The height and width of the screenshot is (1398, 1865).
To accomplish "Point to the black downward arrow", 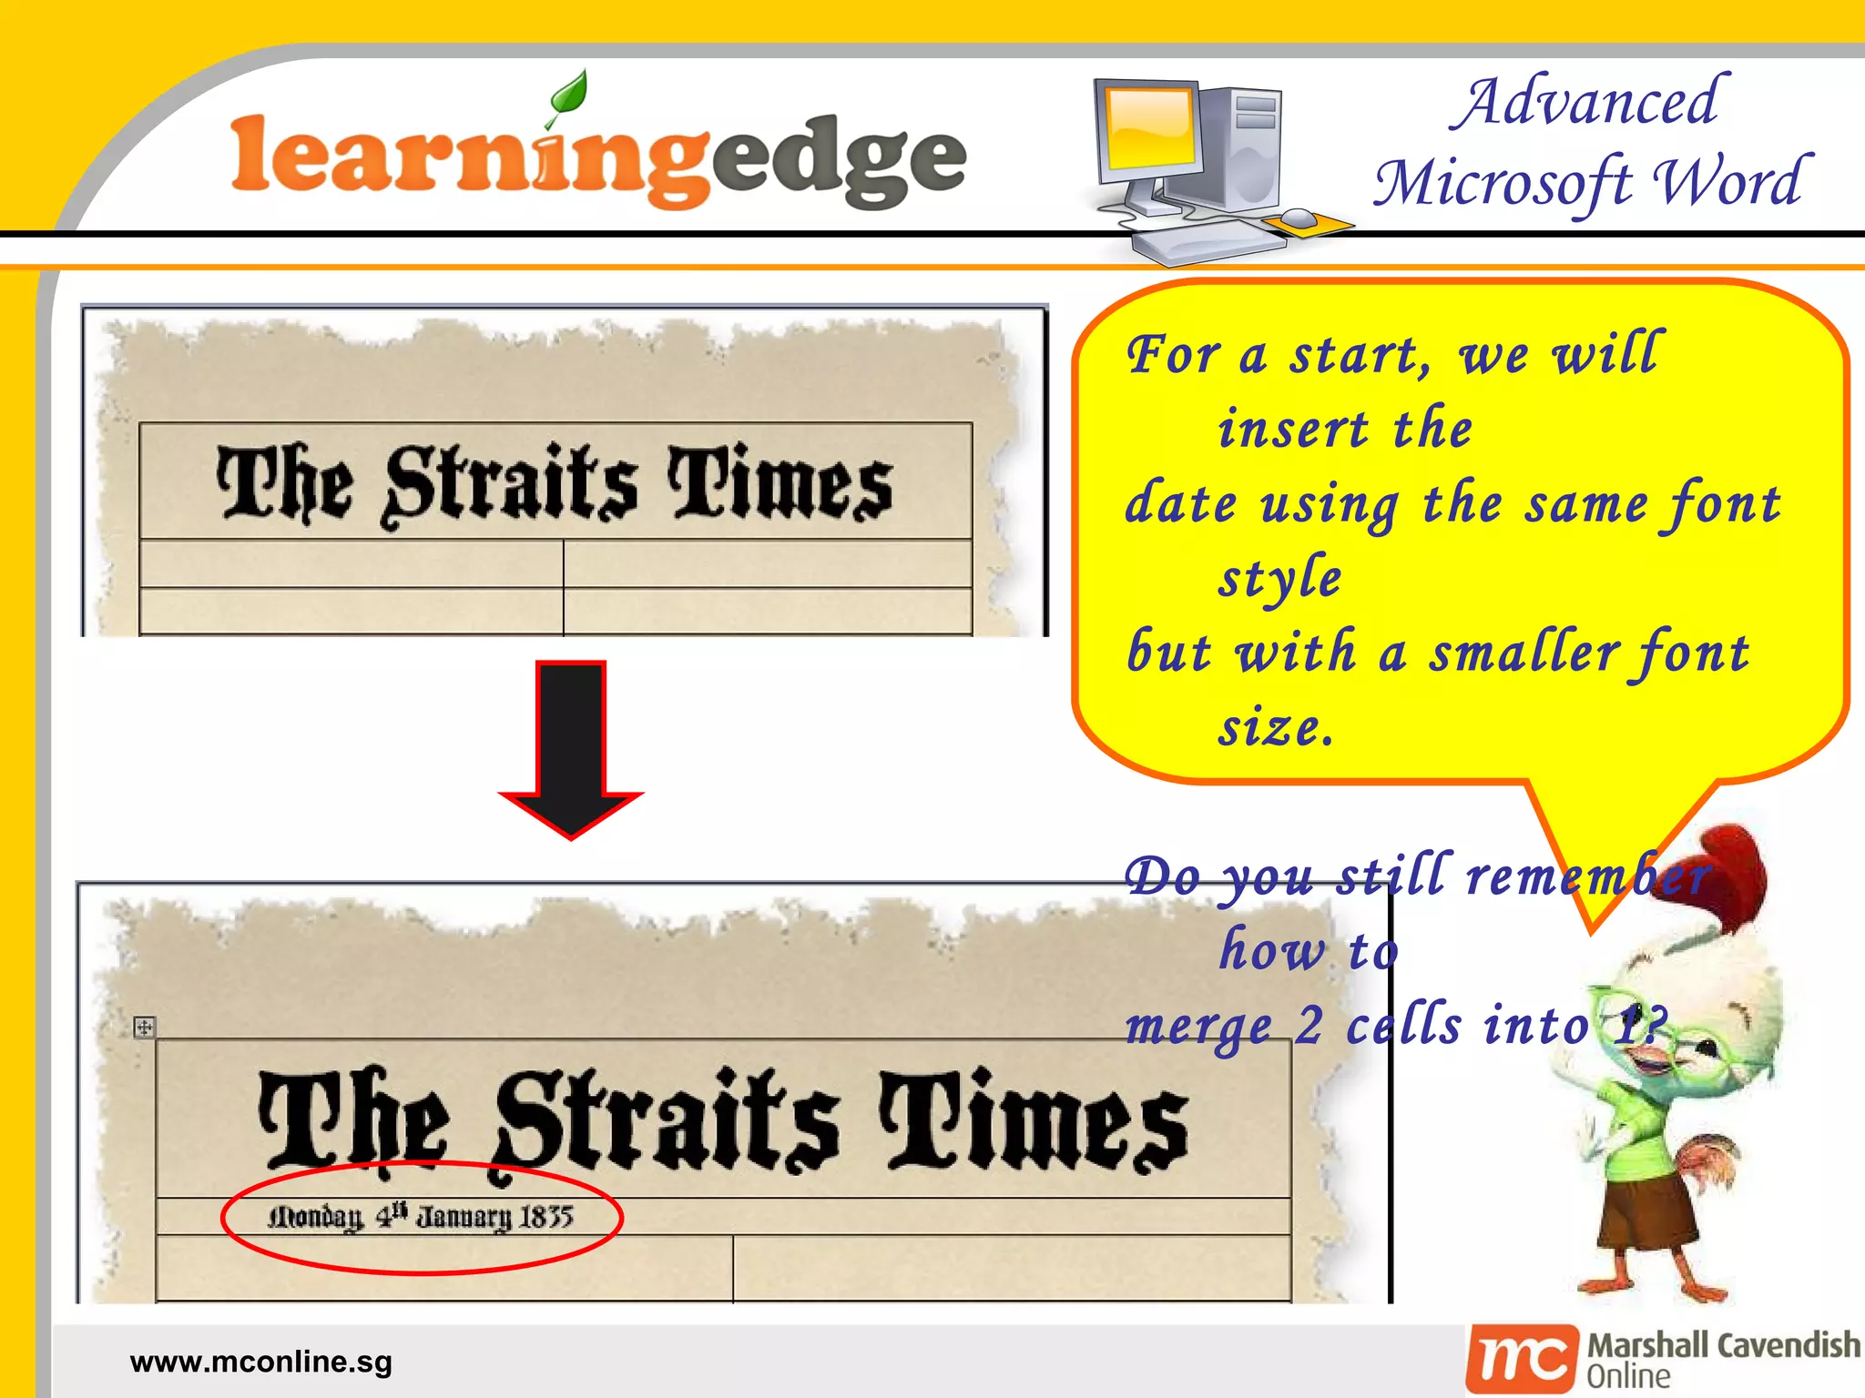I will coord(571,746).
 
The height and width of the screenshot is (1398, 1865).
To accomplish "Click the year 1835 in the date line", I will coord(545,1217).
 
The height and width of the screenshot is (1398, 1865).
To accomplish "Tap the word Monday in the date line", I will coord(315,1217).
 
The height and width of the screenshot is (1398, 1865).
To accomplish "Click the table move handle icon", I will coord(144,1028).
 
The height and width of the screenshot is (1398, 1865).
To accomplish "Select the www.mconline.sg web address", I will coord(260,1362).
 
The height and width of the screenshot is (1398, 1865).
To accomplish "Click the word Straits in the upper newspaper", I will coord(511,484).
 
